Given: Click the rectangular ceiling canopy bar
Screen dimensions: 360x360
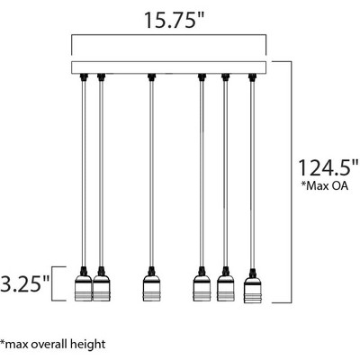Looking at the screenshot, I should [170, 67].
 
